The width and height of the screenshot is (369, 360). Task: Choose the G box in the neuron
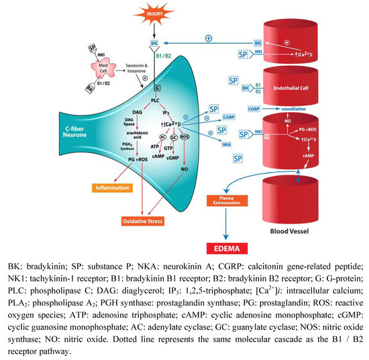tap(158, 88)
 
